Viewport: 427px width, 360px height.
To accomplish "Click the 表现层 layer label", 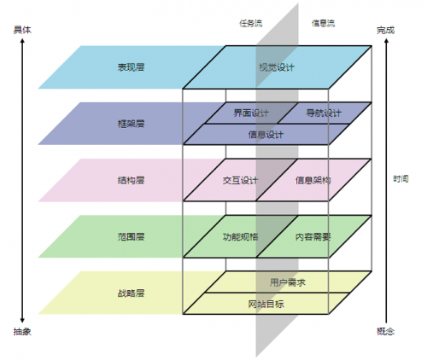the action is point(131,67).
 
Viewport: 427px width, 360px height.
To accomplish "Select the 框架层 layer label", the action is point(131,124).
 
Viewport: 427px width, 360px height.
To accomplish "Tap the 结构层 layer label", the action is point(131,180).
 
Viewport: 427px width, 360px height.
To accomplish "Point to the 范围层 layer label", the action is point(131,236).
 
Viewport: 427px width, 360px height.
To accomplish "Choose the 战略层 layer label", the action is point(131,293).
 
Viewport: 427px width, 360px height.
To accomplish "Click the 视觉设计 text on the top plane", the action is point(277,67).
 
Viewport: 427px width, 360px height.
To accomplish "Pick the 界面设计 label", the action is point(251,113).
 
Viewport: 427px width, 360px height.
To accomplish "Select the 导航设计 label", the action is point(324,113).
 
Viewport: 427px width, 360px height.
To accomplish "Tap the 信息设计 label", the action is point(266,134).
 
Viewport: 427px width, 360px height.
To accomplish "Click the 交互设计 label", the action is point(240,180).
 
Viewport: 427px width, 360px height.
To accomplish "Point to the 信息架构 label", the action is point(313,180).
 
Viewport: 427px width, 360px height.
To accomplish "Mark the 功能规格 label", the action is point(240,236).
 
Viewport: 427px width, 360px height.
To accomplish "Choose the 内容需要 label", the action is point(313,236).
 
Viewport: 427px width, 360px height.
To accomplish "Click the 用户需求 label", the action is point(288,282).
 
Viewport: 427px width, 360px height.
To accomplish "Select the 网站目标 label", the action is point(266,304).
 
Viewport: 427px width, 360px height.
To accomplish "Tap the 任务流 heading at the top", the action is point(250,23).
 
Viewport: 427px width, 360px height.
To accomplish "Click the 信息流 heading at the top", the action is point(323,23).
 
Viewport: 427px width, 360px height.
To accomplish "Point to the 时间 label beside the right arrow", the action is point(401,179).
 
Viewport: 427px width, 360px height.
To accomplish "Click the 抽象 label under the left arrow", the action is point(22,331).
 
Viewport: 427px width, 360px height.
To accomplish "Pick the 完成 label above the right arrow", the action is point(386,30).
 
